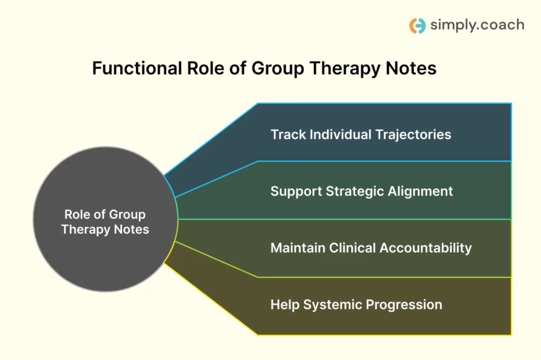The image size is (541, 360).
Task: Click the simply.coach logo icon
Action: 417,25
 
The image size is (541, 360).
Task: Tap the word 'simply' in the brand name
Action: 447,25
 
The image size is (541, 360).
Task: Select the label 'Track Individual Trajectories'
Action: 361,134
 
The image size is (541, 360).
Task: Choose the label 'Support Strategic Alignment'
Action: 361,191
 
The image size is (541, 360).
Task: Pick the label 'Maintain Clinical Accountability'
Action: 371,247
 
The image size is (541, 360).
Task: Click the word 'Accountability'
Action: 429,247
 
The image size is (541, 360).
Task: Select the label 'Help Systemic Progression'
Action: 356,304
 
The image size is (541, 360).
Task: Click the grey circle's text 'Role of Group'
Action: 105,215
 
